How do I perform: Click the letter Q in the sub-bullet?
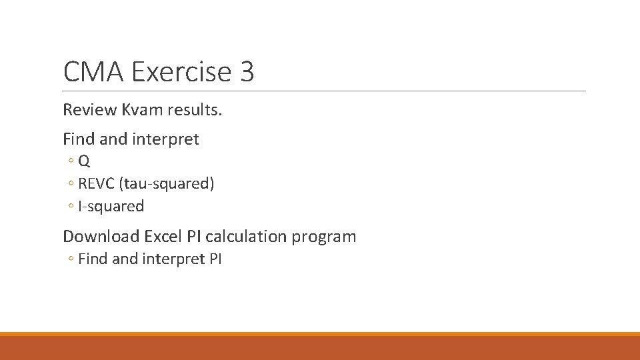[x=85, y=161]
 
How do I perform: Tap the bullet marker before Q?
[x=71, y=161]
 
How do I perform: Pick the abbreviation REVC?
[x=96, y=184]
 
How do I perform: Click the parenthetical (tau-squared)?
[x=166, y=184]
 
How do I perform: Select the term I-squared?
[x=111, y=207]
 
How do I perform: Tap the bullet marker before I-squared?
[x=71, y=207]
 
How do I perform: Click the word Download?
[x=101, y=236]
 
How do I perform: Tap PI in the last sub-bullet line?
[x=215, y=259]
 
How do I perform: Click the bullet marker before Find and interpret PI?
[x=71, y=259]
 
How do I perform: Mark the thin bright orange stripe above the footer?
[x=320, y=334]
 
